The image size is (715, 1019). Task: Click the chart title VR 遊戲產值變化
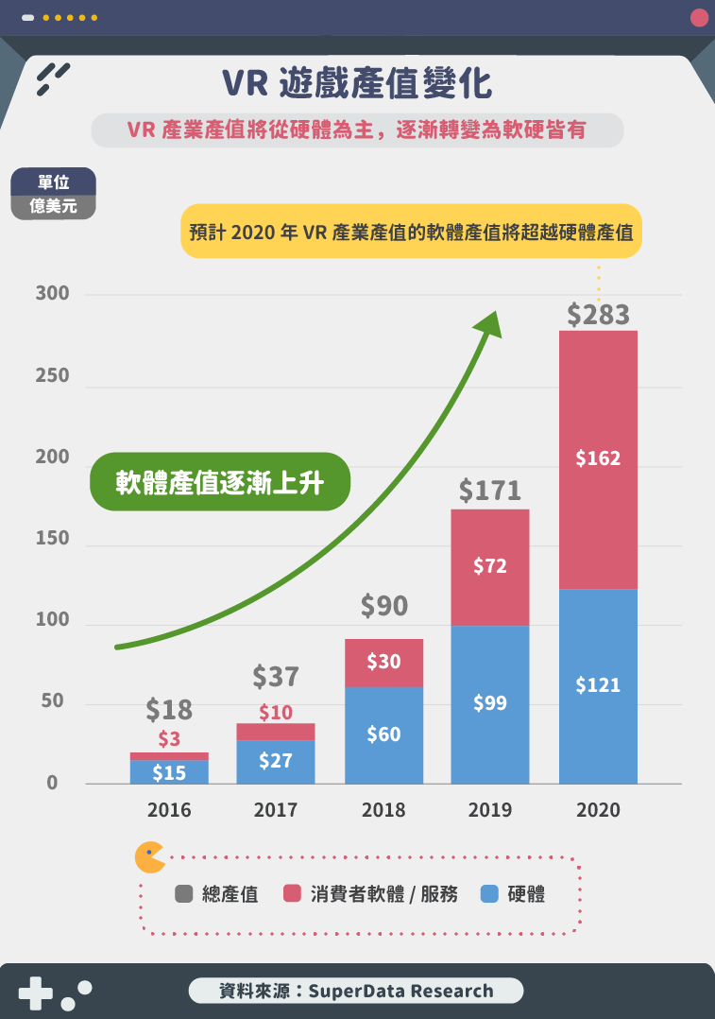tap(357, 84)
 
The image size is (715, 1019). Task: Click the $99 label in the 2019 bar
tap(490, 703)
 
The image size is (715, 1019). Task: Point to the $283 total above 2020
tap(598, 315)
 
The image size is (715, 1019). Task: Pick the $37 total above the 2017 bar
tap(276, 677)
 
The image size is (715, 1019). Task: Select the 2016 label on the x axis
tap(169, 810)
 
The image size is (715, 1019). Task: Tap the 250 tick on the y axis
tap(53, 375)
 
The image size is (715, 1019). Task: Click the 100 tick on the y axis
tap(53, 620)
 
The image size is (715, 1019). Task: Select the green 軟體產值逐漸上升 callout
tap(220, 483)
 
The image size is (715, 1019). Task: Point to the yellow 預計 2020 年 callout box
tap(411, 232)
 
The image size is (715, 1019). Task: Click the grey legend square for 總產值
tap(184, 893)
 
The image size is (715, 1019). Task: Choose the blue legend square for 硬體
tap(489, 893)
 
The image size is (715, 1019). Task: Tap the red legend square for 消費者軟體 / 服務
tap(292, 893)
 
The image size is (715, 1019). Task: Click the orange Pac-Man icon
tap(149, 856)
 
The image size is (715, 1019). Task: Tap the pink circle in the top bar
tap(699, 17)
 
